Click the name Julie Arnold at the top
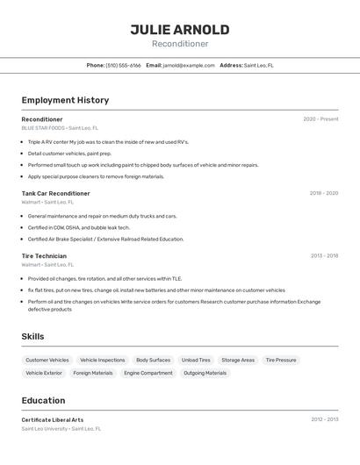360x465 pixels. (180, 30)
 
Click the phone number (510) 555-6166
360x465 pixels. (123, 65)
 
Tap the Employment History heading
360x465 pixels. (65, 100)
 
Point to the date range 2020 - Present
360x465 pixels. (320, 119)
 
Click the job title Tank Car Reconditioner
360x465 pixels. (55, 193)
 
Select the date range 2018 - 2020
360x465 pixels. (323, 193)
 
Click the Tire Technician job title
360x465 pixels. (44, 256)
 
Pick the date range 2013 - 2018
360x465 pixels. (324, 256)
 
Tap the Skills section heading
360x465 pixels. (32, 336)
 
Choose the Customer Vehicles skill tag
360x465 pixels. (47, 360)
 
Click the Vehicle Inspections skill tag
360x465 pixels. (102, 360)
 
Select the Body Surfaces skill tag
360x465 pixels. (153, 360)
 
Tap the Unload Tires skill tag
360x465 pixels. (196, 360)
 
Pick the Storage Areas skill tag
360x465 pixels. (238, 360)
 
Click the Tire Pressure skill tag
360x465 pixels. (281, 360)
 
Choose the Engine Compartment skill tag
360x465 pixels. (148, 373)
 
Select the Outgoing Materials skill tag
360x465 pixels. (205, 373)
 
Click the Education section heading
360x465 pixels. (43, 400)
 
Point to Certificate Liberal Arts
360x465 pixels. (53, 420)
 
